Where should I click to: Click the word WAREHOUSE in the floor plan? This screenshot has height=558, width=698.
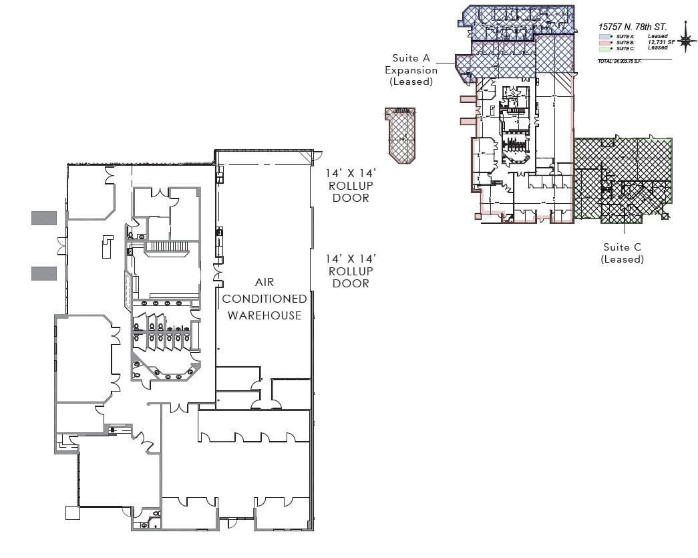click(265, 315)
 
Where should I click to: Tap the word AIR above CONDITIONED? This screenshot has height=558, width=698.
click(265, 283)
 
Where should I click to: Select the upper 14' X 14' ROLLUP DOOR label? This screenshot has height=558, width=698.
click(351, 185)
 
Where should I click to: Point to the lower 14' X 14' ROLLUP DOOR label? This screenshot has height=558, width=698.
click(351, 271)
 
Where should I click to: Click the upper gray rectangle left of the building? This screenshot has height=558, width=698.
click(44, 217)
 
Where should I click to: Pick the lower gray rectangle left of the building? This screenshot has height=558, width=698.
click(44, 273)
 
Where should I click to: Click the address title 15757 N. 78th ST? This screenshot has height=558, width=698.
click(633, 27)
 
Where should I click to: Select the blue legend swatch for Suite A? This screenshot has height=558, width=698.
click(604, 37)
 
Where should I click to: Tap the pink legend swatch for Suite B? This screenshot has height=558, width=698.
click(604, 42)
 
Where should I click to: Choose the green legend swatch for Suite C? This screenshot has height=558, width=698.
click(604, 48)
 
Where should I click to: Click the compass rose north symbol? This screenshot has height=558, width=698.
click(686, 40)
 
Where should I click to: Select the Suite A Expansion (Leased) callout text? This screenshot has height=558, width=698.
click(411, 70)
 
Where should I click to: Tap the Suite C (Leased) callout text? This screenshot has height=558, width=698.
click(623, 253)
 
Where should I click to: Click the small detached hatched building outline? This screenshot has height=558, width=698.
click(400, 135)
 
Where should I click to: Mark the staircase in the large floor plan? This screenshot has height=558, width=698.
click(168, 247)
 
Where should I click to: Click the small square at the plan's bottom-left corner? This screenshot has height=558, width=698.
click(72, 513)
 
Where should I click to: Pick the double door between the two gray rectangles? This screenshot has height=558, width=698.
click(62, 245)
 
